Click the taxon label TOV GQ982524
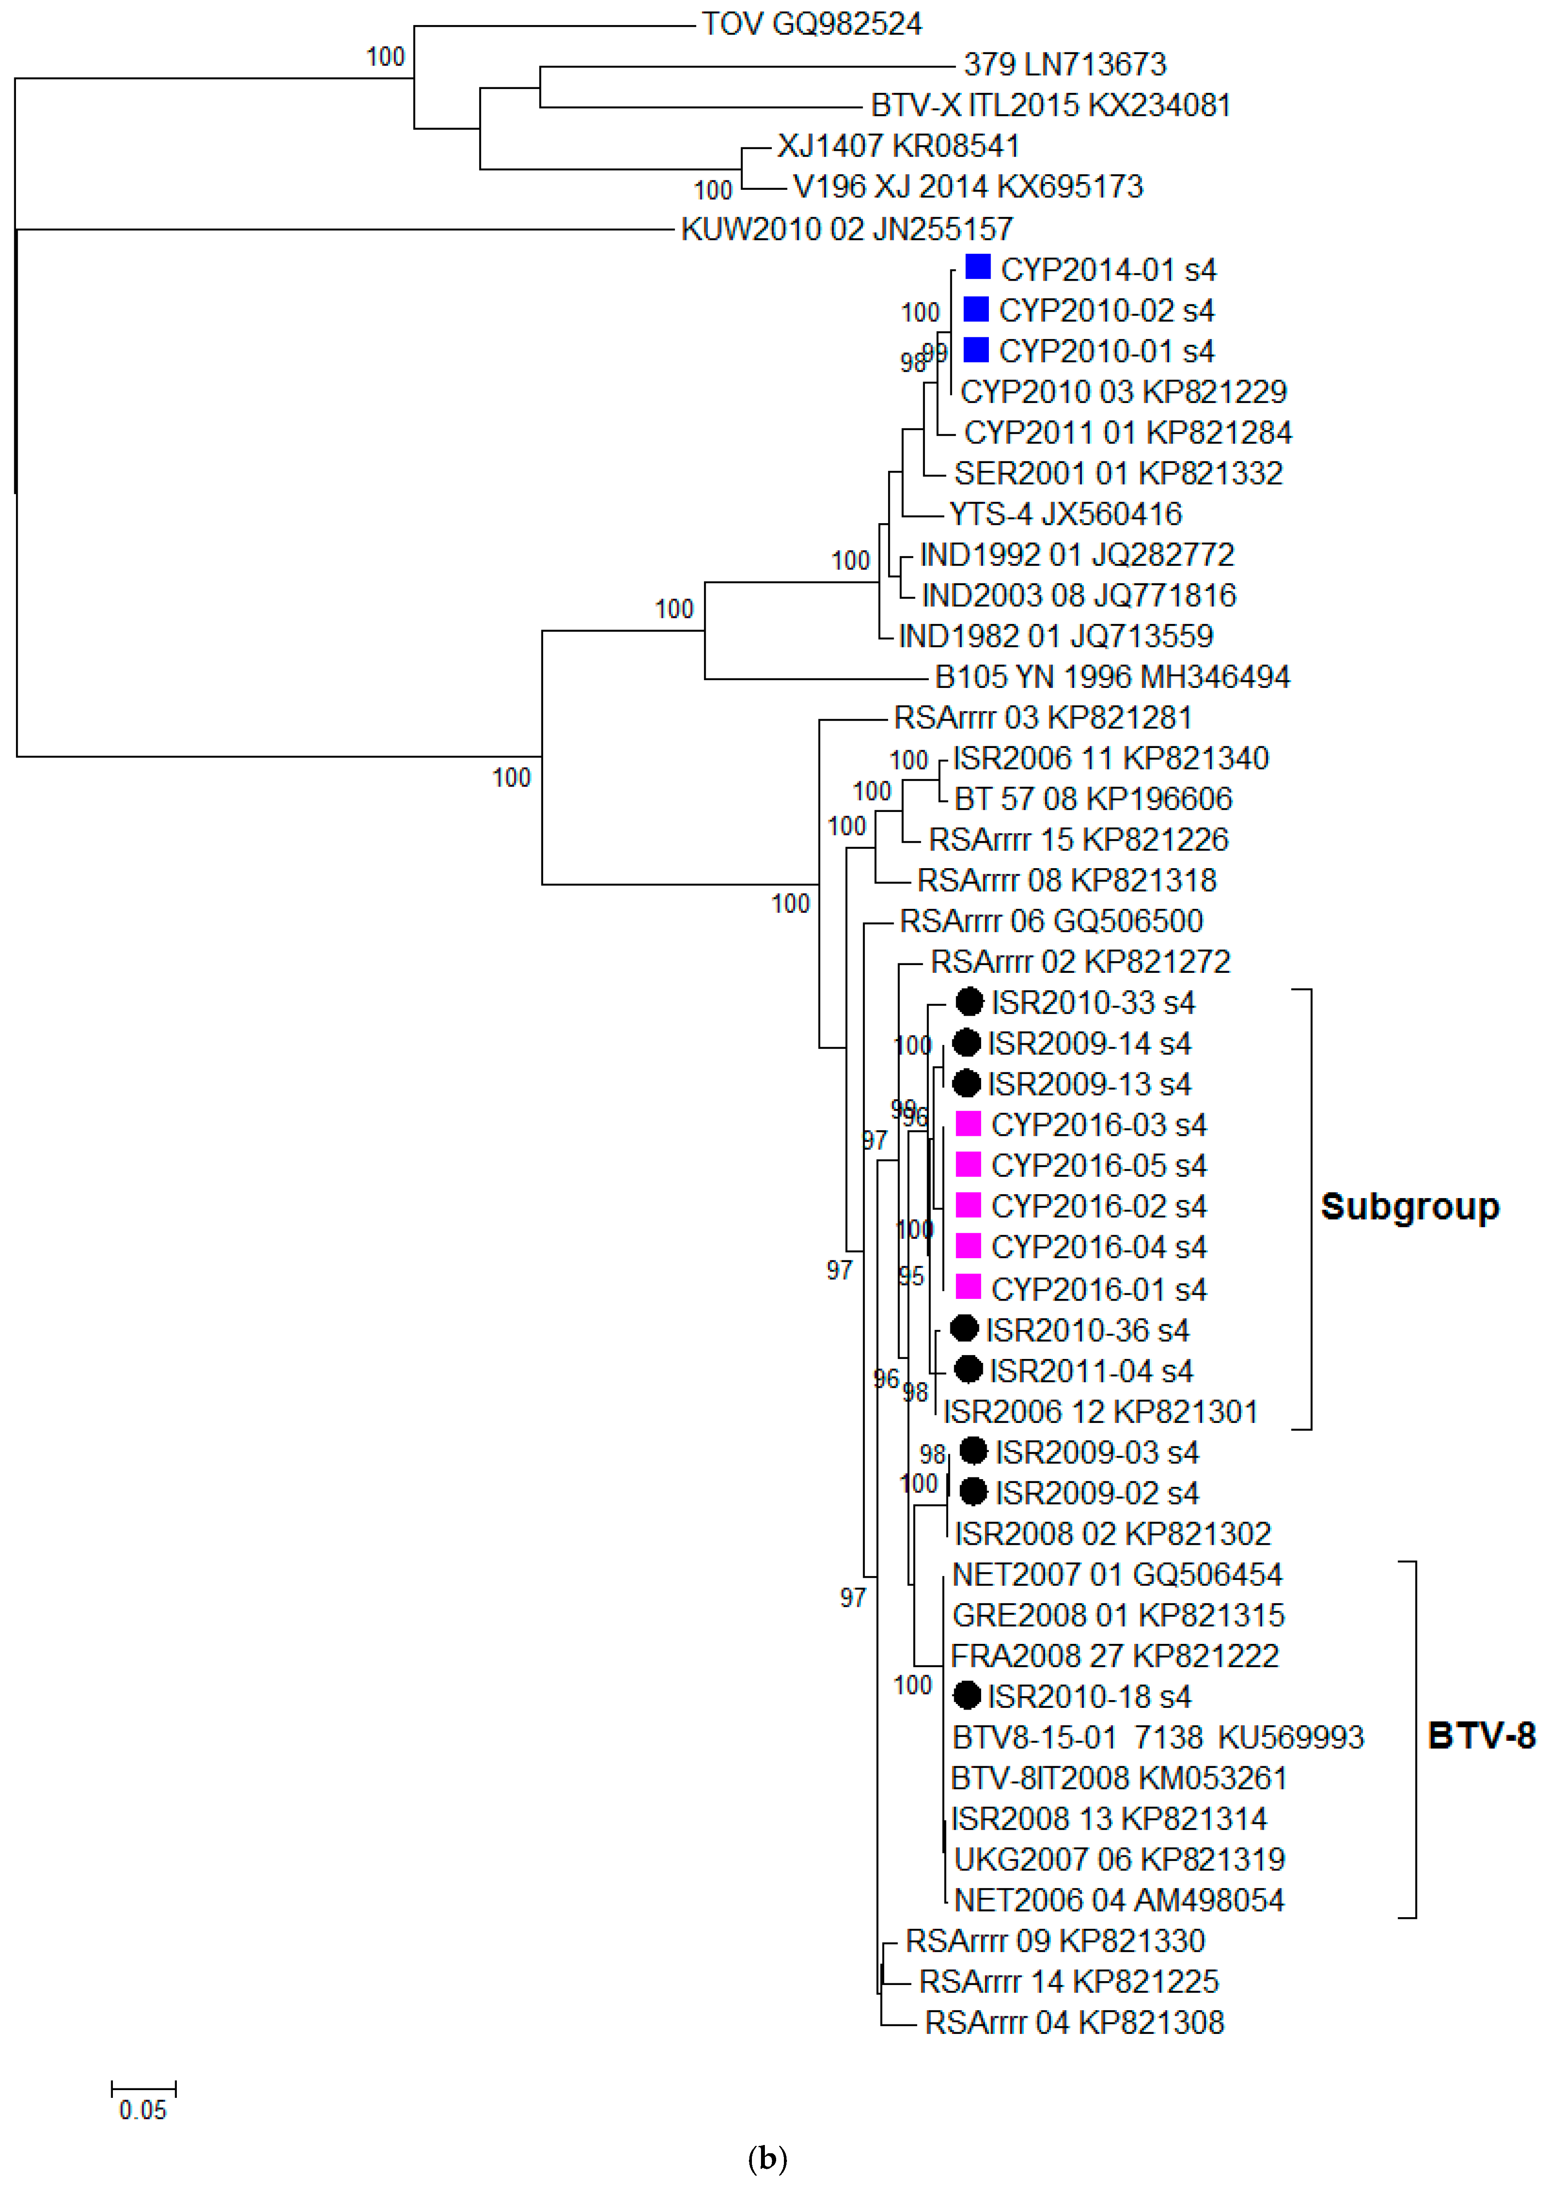coord(812,24)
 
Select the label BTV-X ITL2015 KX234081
coord(1050,105)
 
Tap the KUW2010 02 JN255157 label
coord(846,230)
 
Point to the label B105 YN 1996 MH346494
coord(1112,678)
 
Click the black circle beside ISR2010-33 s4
coord(969,1002)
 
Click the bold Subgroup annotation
coord(1410,1206)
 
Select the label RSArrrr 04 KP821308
coord(1074,2023)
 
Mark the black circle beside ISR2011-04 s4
coord(969,1369)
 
